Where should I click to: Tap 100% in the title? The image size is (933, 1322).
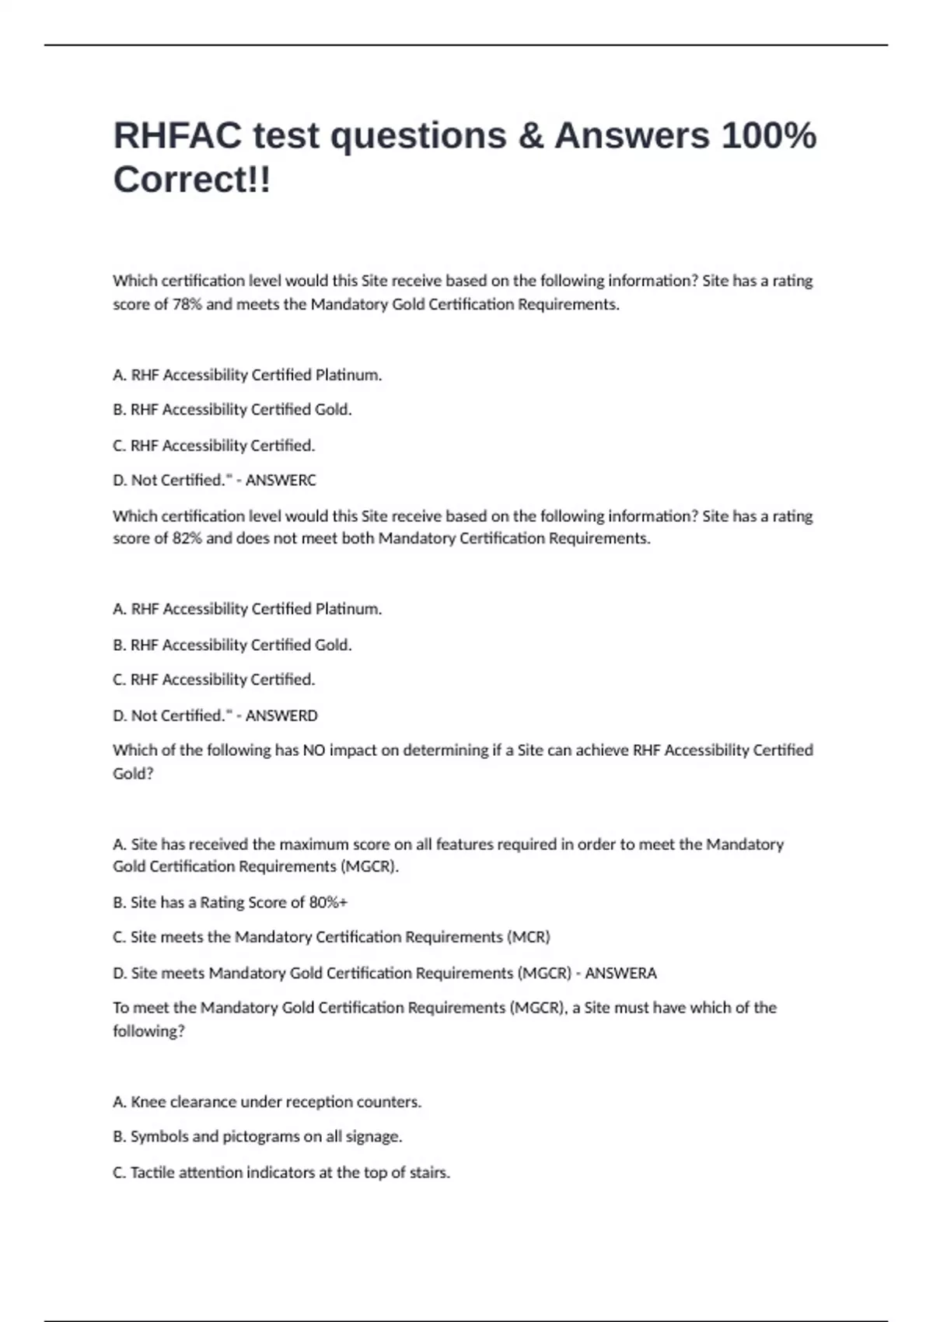769,135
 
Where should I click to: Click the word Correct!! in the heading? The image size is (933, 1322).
192,180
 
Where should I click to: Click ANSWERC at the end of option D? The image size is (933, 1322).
281,481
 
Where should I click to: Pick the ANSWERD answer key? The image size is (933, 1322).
281,715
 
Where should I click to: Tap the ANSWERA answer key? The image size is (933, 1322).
620,973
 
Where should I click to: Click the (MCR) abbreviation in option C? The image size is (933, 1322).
529,937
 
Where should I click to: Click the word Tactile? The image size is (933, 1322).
153,1172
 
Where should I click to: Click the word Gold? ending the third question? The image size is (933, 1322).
133,774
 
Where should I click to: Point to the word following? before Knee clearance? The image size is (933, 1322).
149,1031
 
